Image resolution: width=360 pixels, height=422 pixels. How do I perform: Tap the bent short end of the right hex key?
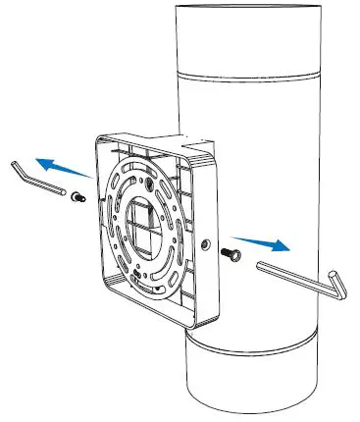point(335,284)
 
